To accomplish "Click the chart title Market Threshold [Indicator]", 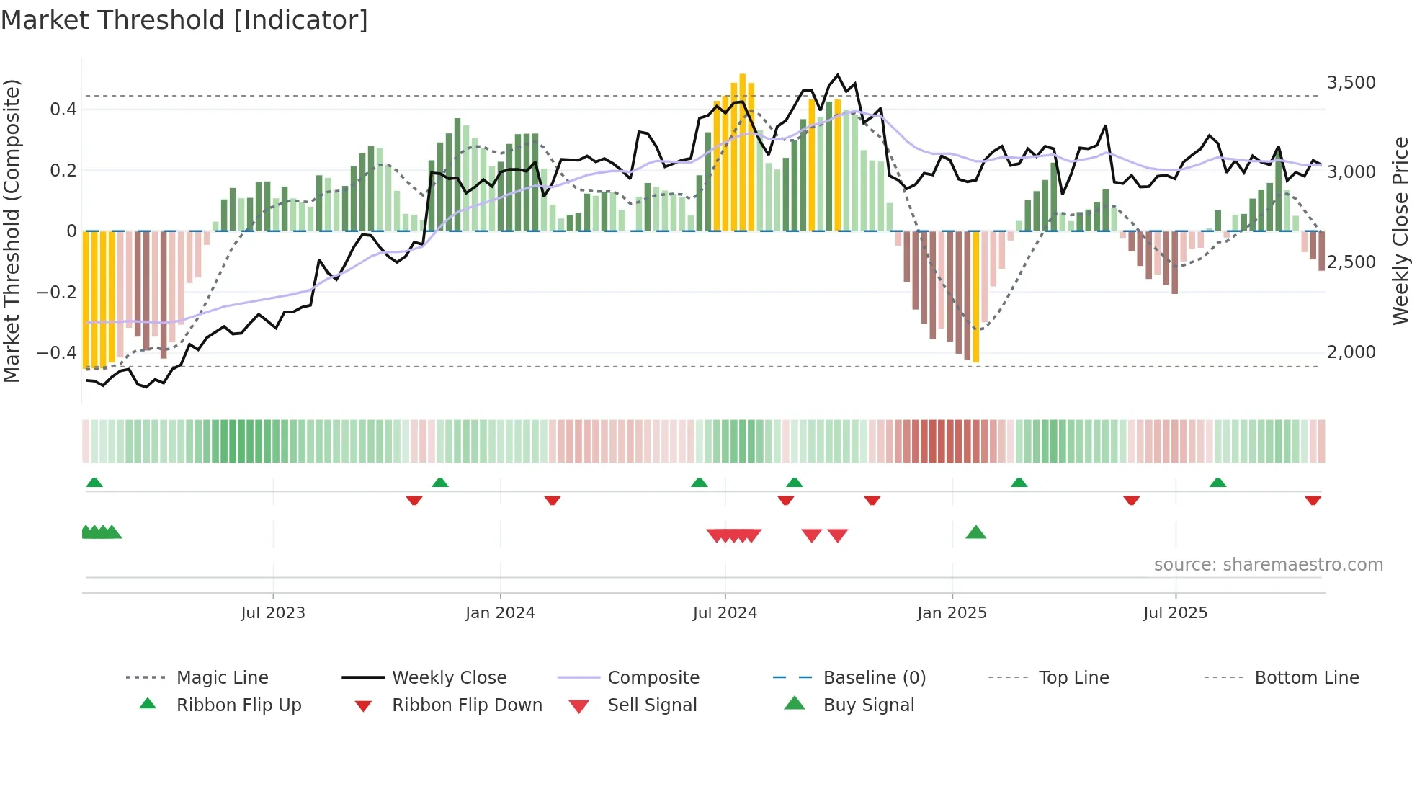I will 184,20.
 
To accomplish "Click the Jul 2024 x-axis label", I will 725,613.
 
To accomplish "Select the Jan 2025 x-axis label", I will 952,613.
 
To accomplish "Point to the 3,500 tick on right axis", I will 1351,83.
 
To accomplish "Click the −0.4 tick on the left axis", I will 56,353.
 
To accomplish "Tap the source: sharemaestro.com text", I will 1268,565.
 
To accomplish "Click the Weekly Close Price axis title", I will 1400,231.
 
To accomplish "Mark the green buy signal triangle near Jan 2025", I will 975,532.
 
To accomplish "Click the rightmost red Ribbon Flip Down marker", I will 1313,500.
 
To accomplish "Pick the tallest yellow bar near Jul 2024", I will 743,151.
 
